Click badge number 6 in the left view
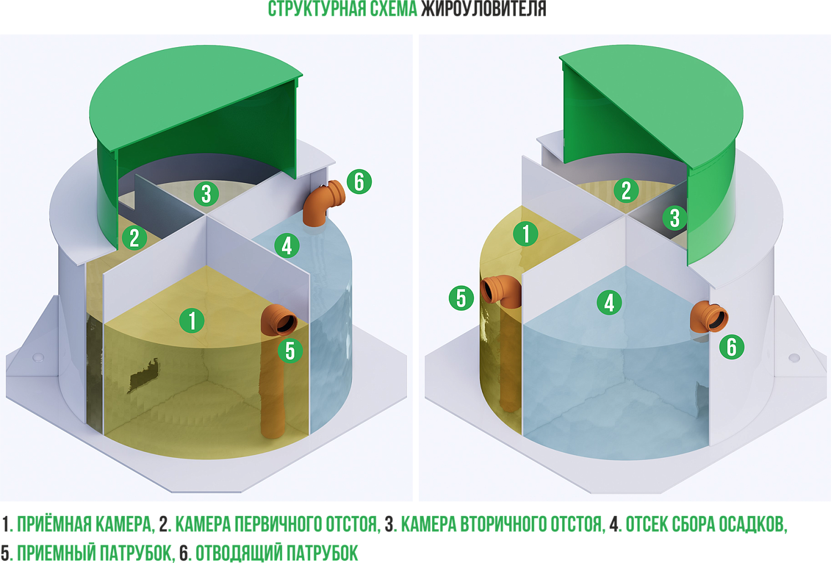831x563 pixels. (x=359, y=182)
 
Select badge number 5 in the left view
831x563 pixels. (x=290, y=350)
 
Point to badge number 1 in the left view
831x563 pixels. (x=192, y=321)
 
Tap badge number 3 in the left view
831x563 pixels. (x=206, y=193)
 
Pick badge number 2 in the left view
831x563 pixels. (x=134, y=238)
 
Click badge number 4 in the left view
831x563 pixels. (x=287, y=245)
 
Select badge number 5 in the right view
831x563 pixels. (x=461, y=298)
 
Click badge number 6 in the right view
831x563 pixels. (x=732, y=347)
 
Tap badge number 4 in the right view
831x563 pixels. (x=609, y=302)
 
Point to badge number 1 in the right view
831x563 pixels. (x=526, y=234)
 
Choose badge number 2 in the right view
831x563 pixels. (x=626, y=190)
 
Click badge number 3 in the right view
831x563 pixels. (x=675, y=218)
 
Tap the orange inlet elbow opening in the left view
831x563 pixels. (x=286, y=323)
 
